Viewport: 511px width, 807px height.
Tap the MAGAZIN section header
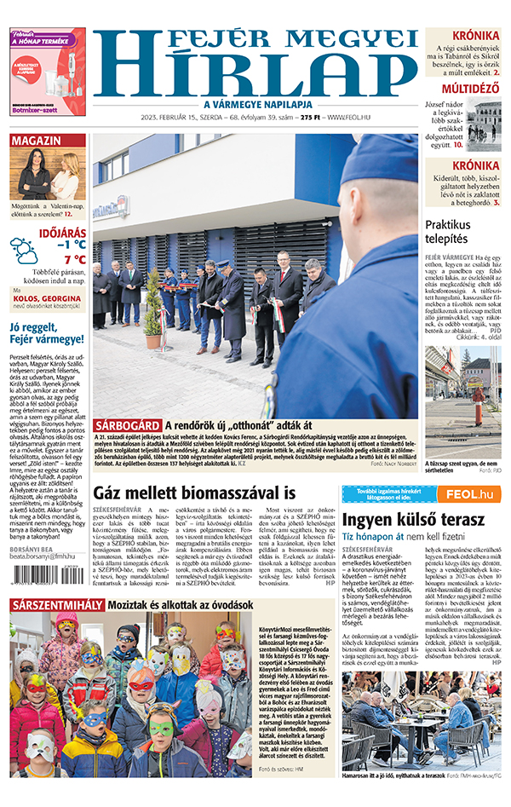coord(36,140)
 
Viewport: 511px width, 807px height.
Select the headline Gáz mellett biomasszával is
coord(194,493)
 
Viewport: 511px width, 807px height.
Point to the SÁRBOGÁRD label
coord(127,425)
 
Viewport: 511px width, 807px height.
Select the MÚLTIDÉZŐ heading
coord(469,89)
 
